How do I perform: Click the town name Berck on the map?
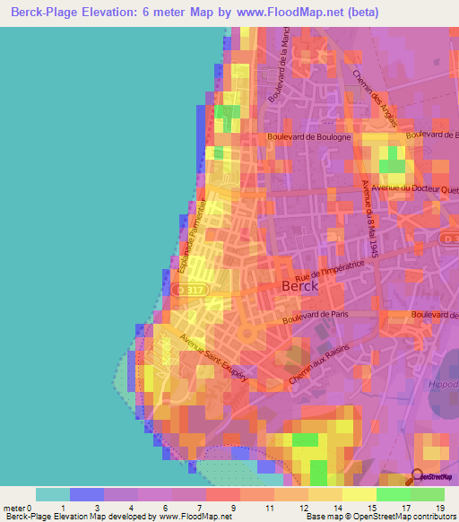click(x=300, y=286)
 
